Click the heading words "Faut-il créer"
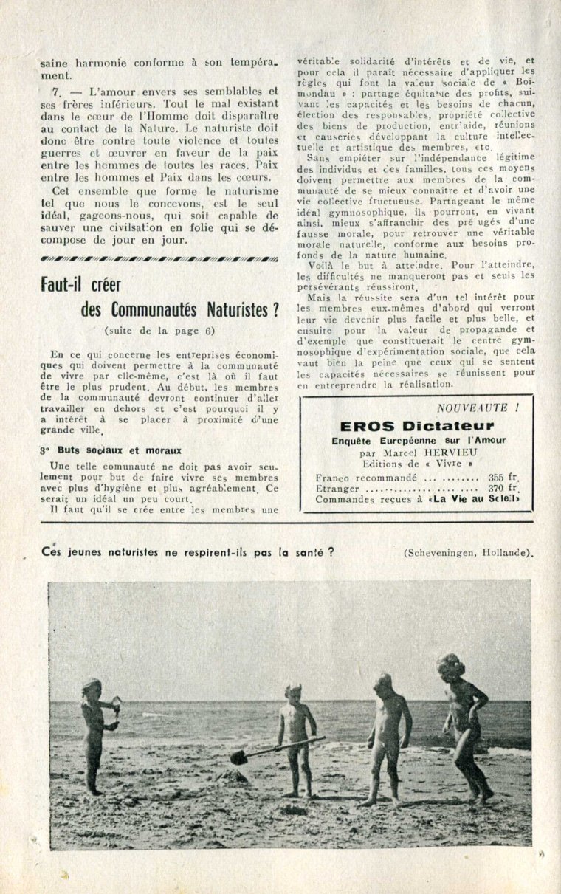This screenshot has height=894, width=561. pos(81,284)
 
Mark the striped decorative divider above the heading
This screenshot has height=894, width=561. pos(159,259)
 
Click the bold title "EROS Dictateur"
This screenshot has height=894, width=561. pos(416,426)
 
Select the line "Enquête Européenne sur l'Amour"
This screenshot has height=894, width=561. pos(416,441)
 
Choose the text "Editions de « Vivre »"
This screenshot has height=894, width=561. pos(417,464)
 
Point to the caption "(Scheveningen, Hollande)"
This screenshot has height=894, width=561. pos(468,553)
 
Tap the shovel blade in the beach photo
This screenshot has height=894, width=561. pos(238,757)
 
